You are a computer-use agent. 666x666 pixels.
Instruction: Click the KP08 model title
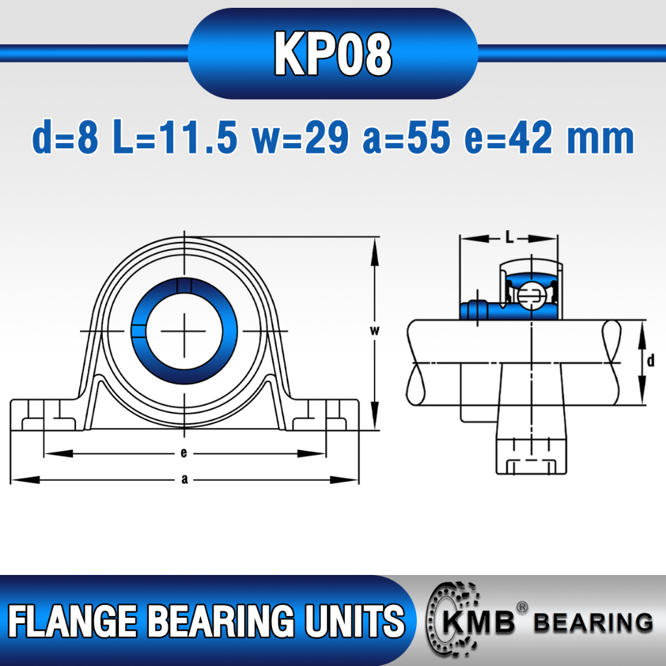(332, 53)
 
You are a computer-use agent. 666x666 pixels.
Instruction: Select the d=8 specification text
(66, 138)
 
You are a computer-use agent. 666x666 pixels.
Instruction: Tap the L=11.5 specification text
(175, 138)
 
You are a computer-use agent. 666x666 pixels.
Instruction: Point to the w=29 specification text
(300, 138)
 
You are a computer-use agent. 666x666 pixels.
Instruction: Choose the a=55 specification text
(406, 138)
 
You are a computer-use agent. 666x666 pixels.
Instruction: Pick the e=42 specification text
(509, 138)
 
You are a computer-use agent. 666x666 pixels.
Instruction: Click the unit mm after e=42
(600, 141)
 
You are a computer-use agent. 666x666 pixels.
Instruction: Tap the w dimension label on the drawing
(374, 330)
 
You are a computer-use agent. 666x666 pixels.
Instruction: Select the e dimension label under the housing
(183, 453)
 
